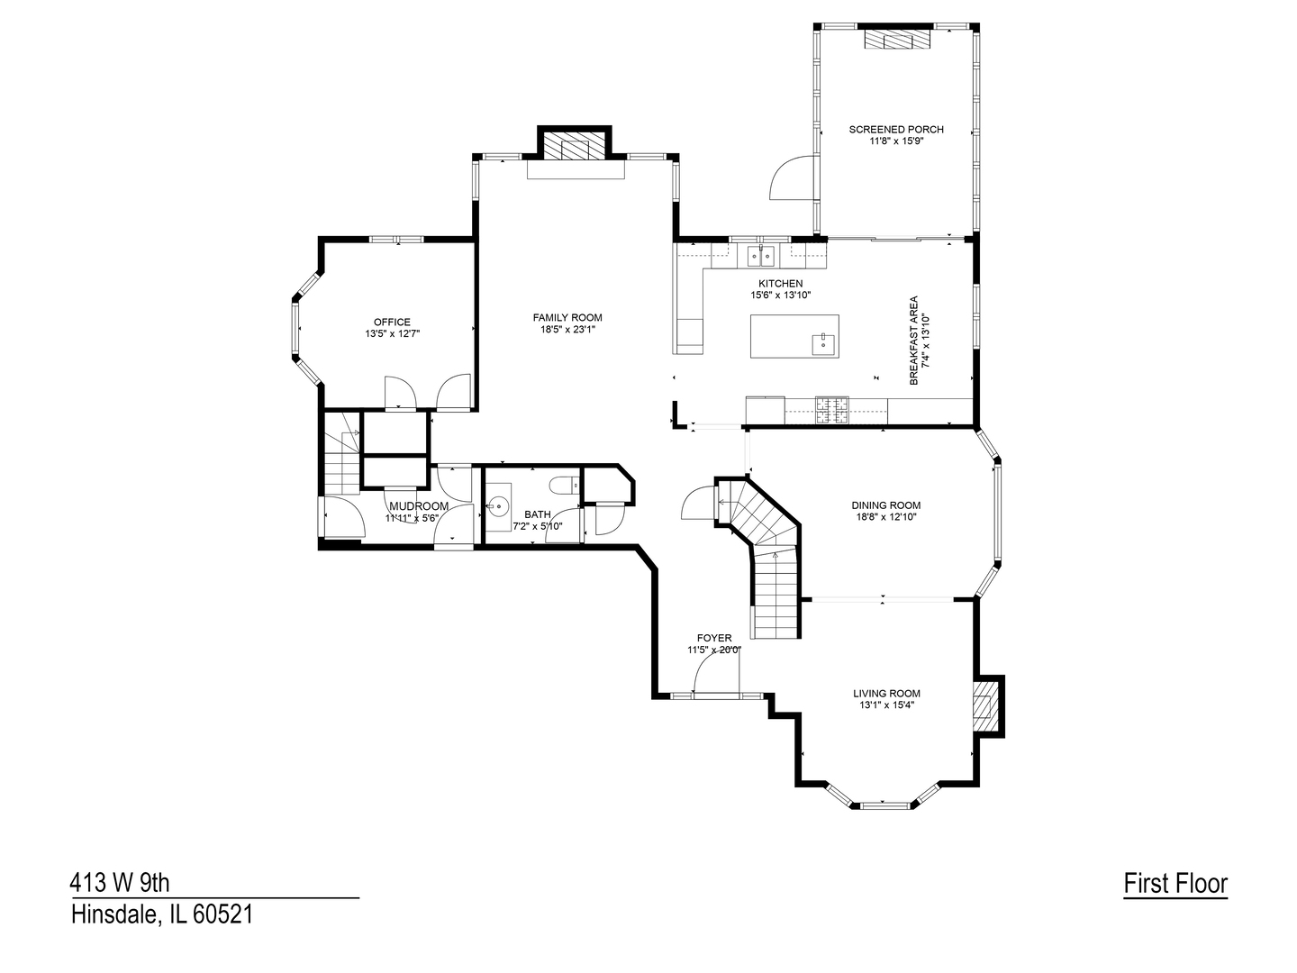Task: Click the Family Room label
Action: pyautogui.click(x=567, y=317)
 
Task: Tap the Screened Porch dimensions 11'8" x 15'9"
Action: pyautogui.click(x=896, y=141)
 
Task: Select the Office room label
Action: pyautogui.click(x=392, y=322)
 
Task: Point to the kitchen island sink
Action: pyautogui.click(x=823, y=344)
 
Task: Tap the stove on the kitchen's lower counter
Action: pyautogui.click(x=832, y=411)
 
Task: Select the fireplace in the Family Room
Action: pyautogui.click(x=574, y=149)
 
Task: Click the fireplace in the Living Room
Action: pyautogui.click(x=987, y=705)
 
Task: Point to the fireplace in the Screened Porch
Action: pyautogui.click(x=895, y=40)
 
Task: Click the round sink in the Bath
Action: pyautogui.click(x=498, y=505)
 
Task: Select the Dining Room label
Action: pyautogui.click(x=886, y=505)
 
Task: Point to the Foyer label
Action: pyautogui.click(x=714, y=638)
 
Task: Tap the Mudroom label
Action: pyautogui.click(x=418, y=506)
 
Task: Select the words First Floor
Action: pyautogui.click(x=1175, y=884)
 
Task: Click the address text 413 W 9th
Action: pyautogui.click(x=120, y=881)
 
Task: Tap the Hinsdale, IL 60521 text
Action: pyautogui.click(x=162, y=915)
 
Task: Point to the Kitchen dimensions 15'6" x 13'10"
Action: pyautogui.click(x=780, y=295)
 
